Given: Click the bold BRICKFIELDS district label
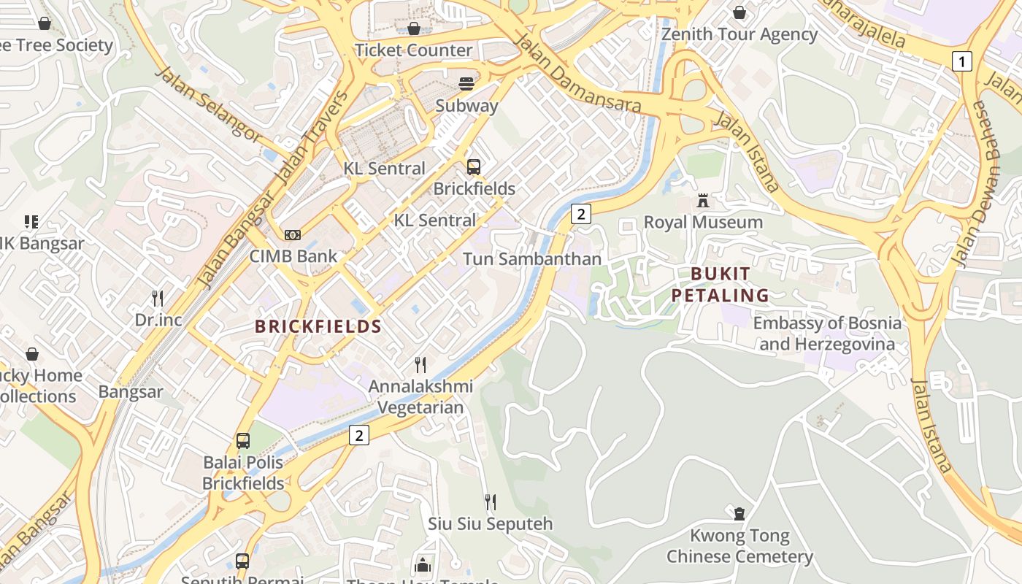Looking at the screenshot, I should (x=318, y=326).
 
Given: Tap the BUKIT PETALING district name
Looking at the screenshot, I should (x=721, y=285).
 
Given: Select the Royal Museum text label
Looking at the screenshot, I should (x=703, y=222).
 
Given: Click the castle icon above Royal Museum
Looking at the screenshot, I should (x=703, y=200).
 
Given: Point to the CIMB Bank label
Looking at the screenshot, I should (x=293, y=256).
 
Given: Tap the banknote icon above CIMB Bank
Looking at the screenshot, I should (x=293, y=234).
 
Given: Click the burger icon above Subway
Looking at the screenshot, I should (x=466, y=83).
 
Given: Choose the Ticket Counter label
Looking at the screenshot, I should (x=413, y=50).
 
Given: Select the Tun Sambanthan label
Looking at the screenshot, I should (x=532, y=259).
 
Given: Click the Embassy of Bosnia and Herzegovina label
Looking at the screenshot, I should (x=827, y=333).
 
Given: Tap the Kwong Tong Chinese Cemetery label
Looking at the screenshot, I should (x=739, y=546).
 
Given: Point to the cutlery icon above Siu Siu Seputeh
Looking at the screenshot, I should (x=491, y=502).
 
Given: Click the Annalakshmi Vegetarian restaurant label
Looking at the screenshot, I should (x=420, y=397).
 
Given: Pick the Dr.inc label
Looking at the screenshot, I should (x=158, y=320).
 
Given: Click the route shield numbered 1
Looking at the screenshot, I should (x=962, y=61).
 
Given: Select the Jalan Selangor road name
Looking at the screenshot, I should (x=207, y=103).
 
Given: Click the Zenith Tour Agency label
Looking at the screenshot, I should (x=739, y=34).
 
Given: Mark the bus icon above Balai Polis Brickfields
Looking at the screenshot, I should (x=243, y=441).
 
